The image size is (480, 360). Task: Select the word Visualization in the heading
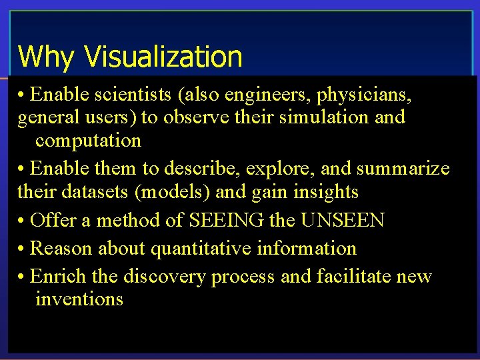coord(163,57)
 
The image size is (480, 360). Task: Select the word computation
coord(88,141)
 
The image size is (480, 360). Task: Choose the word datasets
coord(90,192)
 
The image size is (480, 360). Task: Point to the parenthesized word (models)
coord(171,192)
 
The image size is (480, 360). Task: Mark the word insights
coord(325,192)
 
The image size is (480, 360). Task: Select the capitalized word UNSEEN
coord(342,220)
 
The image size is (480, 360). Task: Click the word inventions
coord(79,299)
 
